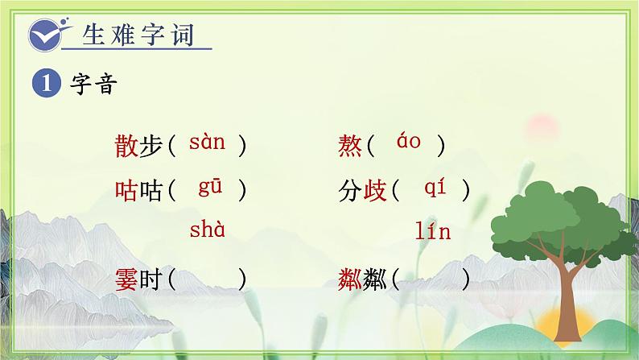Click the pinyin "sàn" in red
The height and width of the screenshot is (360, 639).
click(207, 144)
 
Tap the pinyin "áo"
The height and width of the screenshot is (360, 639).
click(409, 143)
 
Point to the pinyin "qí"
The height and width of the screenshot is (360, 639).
click(435, 188)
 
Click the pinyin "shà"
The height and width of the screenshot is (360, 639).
click(207, 231)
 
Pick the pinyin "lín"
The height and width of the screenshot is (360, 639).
click(433, 233)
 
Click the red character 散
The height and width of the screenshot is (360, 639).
click(127, 146)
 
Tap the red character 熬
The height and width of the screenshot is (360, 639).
click(352, 146)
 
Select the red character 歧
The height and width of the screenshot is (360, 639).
click(377, 191)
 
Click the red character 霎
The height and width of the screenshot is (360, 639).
click(127, 280)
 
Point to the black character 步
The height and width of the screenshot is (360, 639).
click(153, 146)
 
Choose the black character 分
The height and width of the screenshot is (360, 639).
click(352, 191)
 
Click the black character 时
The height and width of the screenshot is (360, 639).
click(153, 280)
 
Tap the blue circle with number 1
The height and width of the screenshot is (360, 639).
click(44, 82)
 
